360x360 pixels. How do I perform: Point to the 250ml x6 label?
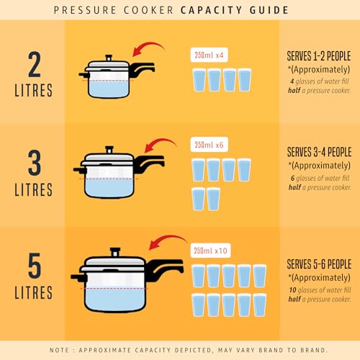tap(207, 144)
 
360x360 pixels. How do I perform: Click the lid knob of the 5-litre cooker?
tap(115, 253)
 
